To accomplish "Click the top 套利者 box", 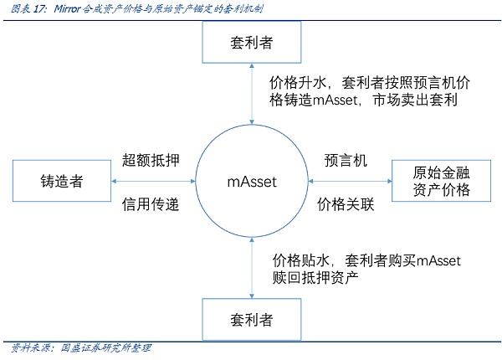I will pyautogui.click(x=252, y=41).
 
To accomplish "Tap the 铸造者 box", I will pyautogui.click(x=60, y=182).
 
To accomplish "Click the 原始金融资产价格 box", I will pyautogui.click(x=440, y=182).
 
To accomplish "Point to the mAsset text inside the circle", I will pyautogui.click(x=252, y=182).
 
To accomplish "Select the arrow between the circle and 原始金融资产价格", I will pyautogui.click(x=351, y=182).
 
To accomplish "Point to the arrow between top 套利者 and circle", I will pyautogui.click(x=252, y=94).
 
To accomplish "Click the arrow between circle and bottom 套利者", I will pyautogui.click(x=252, y=268).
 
